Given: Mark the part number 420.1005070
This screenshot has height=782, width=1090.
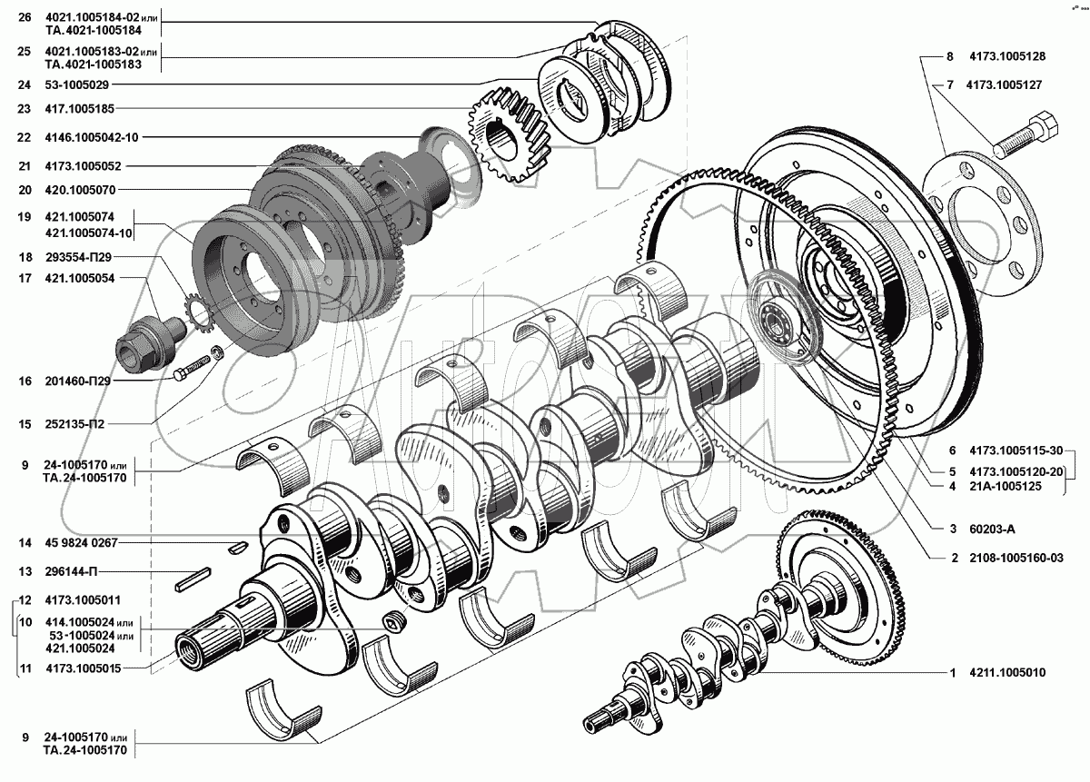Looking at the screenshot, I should tap(81, 190).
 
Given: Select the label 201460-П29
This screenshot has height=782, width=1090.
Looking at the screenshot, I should tap(76, 381).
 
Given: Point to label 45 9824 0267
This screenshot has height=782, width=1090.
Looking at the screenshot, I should tap(80, 542).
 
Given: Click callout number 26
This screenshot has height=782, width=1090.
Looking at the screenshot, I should tap(24, 16).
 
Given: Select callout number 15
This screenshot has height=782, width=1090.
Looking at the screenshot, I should tap(24, 424).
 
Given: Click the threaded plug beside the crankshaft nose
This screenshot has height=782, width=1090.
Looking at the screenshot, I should tap(393, 621).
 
